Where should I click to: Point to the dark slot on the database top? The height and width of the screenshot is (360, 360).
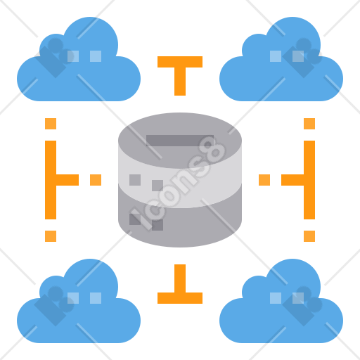[180, 141]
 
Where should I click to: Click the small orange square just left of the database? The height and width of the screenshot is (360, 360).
[96, 180]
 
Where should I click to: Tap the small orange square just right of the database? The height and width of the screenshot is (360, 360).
[264, 180]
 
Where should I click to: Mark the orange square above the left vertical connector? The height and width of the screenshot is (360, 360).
[51, 124]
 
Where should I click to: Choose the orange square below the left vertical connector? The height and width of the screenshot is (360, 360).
[51, 236]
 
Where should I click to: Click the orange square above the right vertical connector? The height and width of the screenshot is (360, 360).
[309, 124]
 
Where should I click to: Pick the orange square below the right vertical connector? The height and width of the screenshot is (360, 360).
[309, 236]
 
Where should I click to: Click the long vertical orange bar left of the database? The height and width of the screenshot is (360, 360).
[51, 180]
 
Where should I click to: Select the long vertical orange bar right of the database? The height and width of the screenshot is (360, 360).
[309, 180]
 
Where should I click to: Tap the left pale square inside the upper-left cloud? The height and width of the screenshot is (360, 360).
[73, 56]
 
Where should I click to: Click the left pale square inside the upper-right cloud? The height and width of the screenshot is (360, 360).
[276, 56]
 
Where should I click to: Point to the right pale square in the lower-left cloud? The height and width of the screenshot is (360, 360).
[96, 298]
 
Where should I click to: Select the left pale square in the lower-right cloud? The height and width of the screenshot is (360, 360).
[276, 298]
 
